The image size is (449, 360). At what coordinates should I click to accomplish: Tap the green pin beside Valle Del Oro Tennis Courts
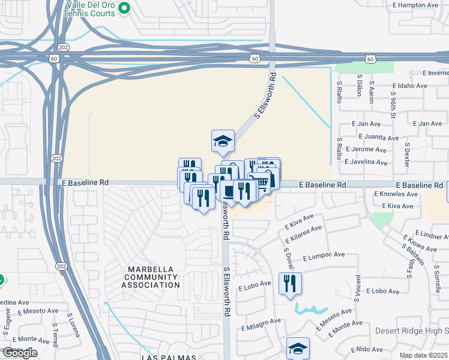point(124,8)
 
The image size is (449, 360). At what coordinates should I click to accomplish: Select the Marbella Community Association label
point(151,277)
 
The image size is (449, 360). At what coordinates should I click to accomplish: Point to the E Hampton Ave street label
point(415,5)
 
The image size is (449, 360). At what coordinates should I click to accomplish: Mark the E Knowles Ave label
point(396,194)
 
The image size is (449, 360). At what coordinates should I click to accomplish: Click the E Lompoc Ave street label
point(324,256)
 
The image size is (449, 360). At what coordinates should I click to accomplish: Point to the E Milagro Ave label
point(261,321)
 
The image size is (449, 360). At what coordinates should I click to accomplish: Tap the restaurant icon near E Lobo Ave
point(290,284)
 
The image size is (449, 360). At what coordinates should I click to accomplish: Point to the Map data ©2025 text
point(424,355)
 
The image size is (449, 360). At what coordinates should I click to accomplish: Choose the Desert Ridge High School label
point(412,331)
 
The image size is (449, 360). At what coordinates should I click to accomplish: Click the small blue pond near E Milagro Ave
point(310,310)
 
